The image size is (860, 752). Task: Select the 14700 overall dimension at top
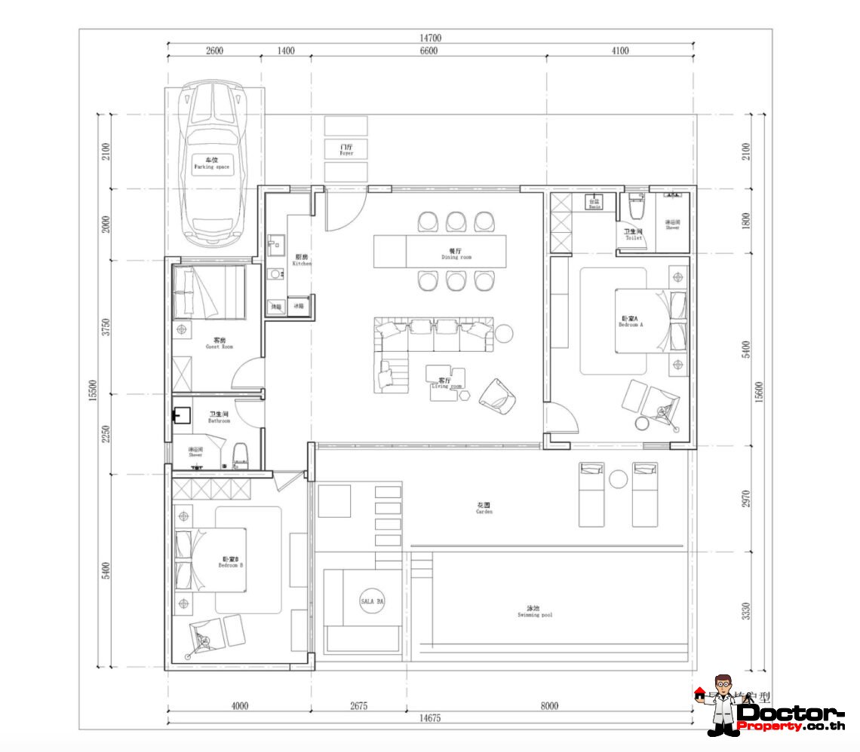tap(430, 38)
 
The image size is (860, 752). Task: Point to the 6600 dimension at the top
tap(427, 51)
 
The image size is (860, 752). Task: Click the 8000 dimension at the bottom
tap(549, 705)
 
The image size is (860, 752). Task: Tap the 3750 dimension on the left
tap(106, 327)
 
